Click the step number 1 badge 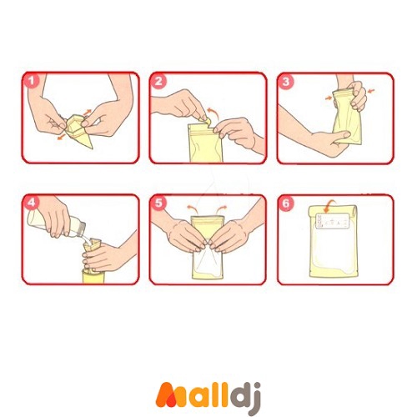(x=32, y=81)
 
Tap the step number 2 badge (x=158, y=81)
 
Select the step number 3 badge (x=286, y=82)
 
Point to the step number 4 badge (x=32, y=203)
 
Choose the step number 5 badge (x=158, y=203)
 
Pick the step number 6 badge (x=286, y=203)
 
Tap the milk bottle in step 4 (x=56, y=224)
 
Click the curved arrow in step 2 (x=214, y=114)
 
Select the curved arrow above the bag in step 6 (x=329, y=205)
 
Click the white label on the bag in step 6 (x=333, y=221)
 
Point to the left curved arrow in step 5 (x=192, y=208)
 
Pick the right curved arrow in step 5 (x=222, y=208)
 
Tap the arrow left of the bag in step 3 (x=329, y=98)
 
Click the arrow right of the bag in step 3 (x=371, y=91)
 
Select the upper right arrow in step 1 (x=88, y=112)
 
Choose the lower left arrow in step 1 (x=61, y=137)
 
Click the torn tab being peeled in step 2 (x=206, y=121)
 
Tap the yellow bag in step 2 (x=205, y=143)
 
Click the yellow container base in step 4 (x=93, y=276)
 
